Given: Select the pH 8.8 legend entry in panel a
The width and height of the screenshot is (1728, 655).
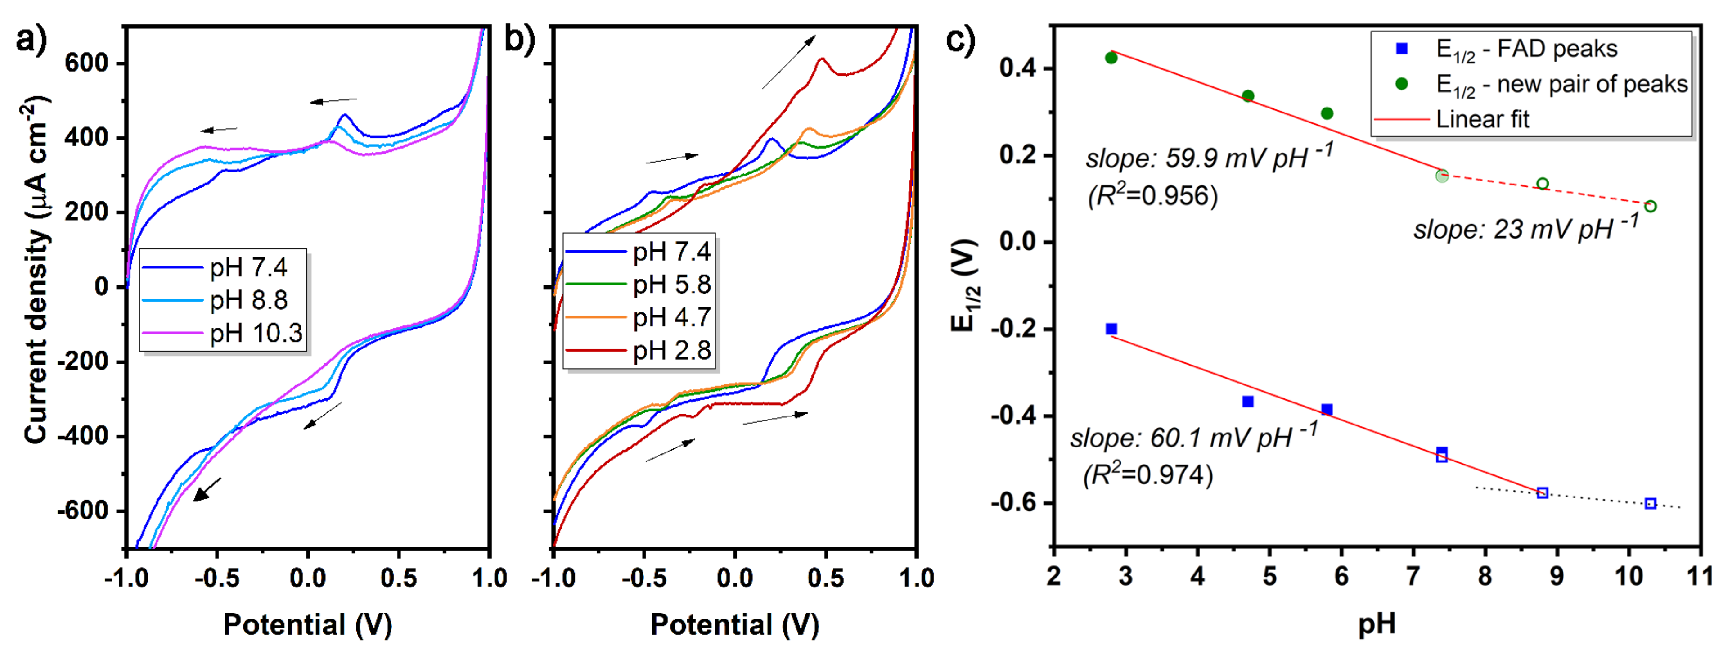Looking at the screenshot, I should point(248,300).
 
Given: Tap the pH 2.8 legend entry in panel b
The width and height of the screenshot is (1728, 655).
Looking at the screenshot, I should point(671,350).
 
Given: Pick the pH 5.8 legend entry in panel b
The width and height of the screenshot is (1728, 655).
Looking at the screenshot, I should point(671,285).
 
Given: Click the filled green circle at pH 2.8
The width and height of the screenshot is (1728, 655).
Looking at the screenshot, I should point(1111,58).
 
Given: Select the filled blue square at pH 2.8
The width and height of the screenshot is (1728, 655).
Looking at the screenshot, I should point(1111,329).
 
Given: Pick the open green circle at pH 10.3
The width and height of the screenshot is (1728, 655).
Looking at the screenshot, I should point(1651,206).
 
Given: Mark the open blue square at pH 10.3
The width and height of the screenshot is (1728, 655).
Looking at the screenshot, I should point(1651,503).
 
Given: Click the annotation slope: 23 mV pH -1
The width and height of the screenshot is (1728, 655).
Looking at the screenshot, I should point(1526,228).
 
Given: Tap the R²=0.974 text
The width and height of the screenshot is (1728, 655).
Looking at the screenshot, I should point(1148,474).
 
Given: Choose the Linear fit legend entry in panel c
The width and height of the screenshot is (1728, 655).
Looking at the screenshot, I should point(1482,119).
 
